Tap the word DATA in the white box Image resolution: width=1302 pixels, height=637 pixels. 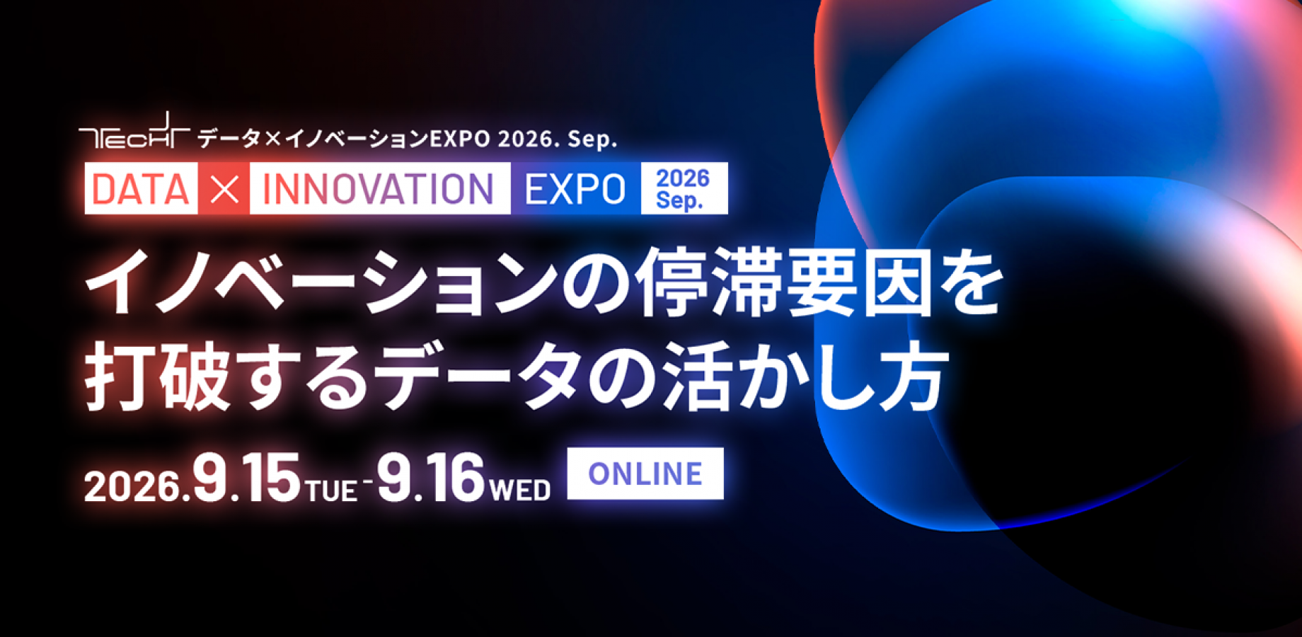click(x=141, y=189)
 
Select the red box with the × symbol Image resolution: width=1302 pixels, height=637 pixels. click(x=224, y=189)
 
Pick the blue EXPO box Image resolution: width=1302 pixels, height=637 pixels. click(x=575, y=189)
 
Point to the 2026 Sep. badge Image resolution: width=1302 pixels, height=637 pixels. click(x=684, y=189)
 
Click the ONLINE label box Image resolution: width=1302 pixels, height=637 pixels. click(x=645, y=474)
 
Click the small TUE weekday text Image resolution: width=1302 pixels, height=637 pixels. click(x=332, y=490)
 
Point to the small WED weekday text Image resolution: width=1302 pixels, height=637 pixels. click(x=520, y=490)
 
